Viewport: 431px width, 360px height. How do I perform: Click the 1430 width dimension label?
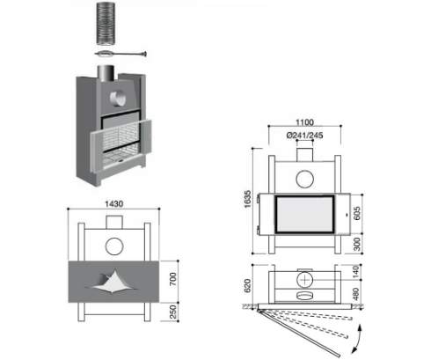(x=113, y=203)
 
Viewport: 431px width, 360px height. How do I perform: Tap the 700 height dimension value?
(x=173, y=279)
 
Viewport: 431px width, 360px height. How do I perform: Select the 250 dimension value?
(x=173, y=312)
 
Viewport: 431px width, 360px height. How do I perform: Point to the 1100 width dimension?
(x=304, y=122)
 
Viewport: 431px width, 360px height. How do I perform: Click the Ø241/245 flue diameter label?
(x=304, y=136)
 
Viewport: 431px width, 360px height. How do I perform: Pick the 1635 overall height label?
(x=248, y=199)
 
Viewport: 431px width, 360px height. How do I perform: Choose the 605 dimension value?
(x=357, y=213)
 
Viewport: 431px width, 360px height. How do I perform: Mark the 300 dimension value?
(x=357, y=244)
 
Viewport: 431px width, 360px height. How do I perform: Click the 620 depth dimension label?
(x=248, y=285)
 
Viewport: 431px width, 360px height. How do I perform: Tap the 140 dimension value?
(x=355, y=272)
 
